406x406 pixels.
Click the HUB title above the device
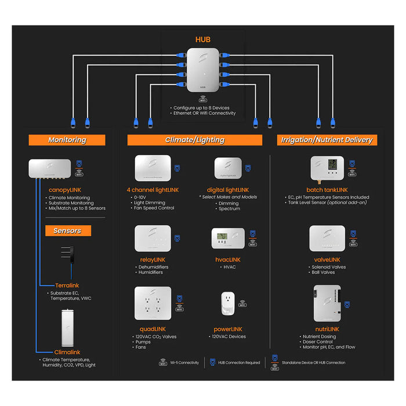pos(202,39)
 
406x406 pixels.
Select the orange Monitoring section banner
pos(67,140)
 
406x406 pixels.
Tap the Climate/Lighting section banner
pos(194,140)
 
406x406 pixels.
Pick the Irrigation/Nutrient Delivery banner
pos(327,140)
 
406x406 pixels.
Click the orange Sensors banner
pos(67,230)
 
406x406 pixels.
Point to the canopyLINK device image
pos(50,168)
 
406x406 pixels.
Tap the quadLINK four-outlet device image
pos(153,303)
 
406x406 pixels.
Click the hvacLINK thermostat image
pos(227,238)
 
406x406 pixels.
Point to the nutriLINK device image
pos(327,303)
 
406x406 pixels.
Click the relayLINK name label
pos(153,259)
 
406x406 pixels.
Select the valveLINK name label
pos(327,259)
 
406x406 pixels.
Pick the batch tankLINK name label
pos(327,190)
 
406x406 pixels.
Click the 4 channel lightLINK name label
pos(153,190)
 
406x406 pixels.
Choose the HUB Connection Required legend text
pos(240,362)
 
